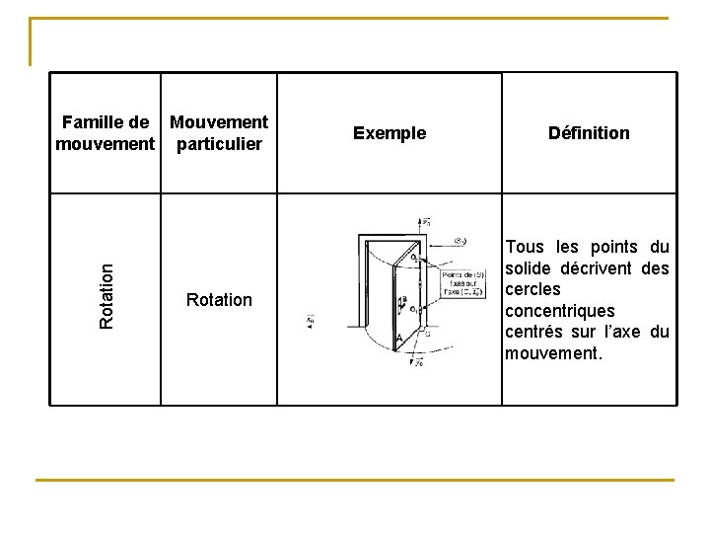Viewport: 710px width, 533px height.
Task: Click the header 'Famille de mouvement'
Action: (x=106, y=133)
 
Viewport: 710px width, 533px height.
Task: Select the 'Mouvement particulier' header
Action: (x=218, y=133)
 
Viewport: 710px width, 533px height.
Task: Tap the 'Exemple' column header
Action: (x=390, y=133)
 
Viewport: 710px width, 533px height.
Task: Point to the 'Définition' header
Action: (x=589, y=133)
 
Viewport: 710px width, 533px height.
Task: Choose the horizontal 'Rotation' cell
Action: (x=219, y=299)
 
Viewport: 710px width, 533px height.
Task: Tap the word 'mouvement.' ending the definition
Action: (x=552, y=353)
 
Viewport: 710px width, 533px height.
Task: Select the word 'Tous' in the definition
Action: (x=525, y=247)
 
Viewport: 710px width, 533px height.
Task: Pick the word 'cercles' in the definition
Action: (x=532, y=289)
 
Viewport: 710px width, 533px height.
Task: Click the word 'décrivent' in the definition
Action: (x=597, y=268)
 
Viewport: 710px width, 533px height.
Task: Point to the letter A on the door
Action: (x=398, y=339)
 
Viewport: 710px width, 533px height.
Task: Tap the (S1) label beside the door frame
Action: (x=460, y=240)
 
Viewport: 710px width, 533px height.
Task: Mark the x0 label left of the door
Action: (x=311, y=322)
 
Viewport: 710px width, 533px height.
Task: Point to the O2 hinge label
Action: (x=413, y=258)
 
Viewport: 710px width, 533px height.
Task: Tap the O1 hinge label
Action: (x=413, y=310)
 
